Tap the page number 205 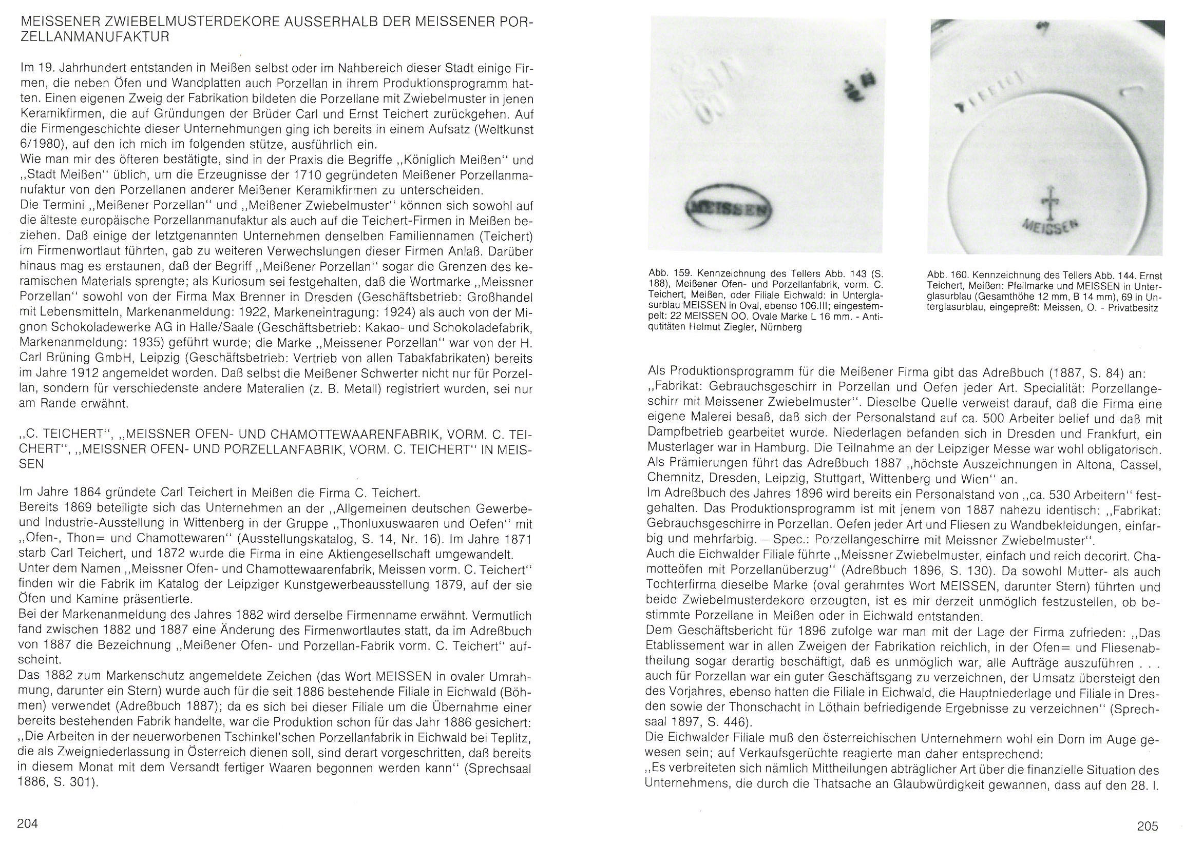(1148, 826)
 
